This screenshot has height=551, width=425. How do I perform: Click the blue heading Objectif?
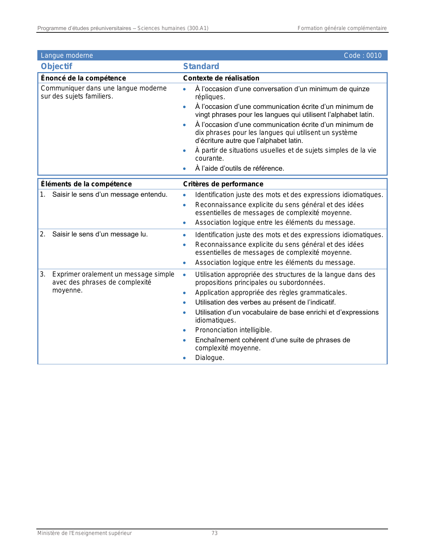coord(56,66)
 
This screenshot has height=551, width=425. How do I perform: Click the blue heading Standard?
coord(201,66)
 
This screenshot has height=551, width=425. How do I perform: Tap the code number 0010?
coord(374,55)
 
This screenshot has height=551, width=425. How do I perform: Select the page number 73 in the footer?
coord(214,533)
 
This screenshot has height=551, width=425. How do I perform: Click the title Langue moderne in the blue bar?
coord(67,55)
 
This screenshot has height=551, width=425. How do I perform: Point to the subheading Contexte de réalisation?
coord(221,78)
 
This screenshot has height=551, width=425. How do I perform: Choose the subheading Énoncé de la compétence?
coord(83,78)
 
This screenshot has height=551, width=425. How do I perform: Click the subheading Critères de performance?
coord(223,184)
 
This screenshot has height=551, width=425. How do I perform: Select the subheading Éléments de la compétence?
coord(86,184)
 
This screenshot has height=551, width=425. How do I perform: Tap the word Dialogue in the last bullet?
coord(209,358)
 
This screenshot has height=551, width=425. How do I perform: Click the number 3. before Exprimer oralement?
coord(42,274)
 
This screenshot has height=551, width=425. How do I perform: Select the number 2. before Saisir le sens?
coord(42,234)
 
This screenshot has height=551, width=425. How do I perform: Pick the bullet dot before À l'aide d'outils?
coord(184,169)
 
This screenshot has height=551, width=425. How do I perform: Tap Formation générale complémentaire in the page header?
coord(342,28)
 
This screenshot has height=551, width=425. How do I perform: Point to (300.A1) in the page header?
coord(198,28)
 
